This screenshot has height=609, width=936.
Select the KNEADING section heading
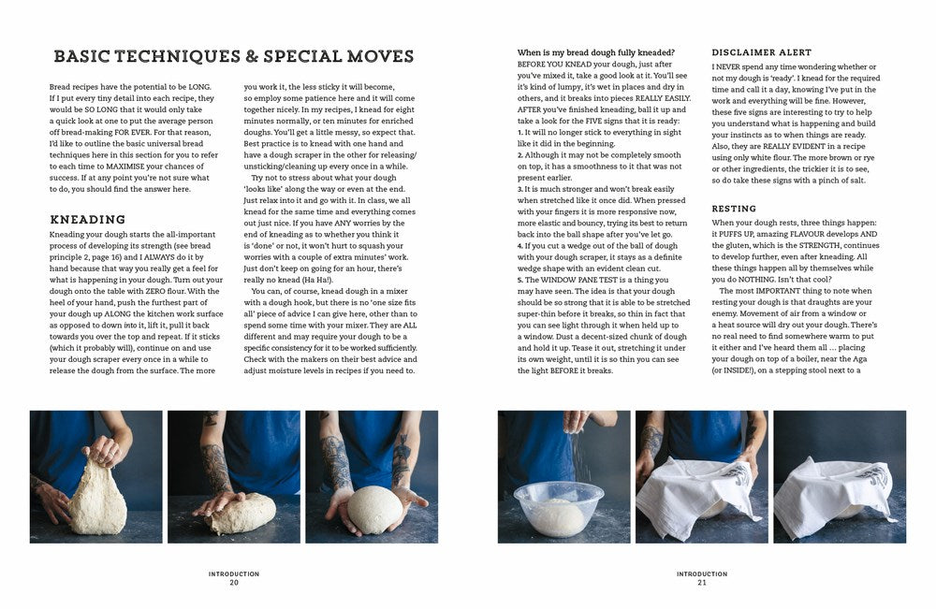tap(88, 220)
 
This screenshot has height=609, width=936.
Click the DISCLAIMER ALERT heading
tap(761, 52)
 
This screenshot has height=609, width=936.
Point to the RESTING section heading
tap(734, 209)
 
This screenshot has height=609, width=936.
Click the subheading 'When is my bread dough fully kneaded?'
tap(595, 52)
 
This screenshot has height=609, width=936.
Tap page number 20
tap(234, 582)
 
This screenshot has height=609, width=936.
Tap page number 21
tap(702, 582)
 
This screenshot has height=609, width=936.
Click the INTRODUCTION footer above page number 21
tap(702, 573)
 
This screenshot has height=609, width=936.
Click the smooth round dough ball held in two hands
tap(374, 509)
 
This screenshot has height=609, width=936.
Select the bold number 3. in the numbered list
tap(519, 189)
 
